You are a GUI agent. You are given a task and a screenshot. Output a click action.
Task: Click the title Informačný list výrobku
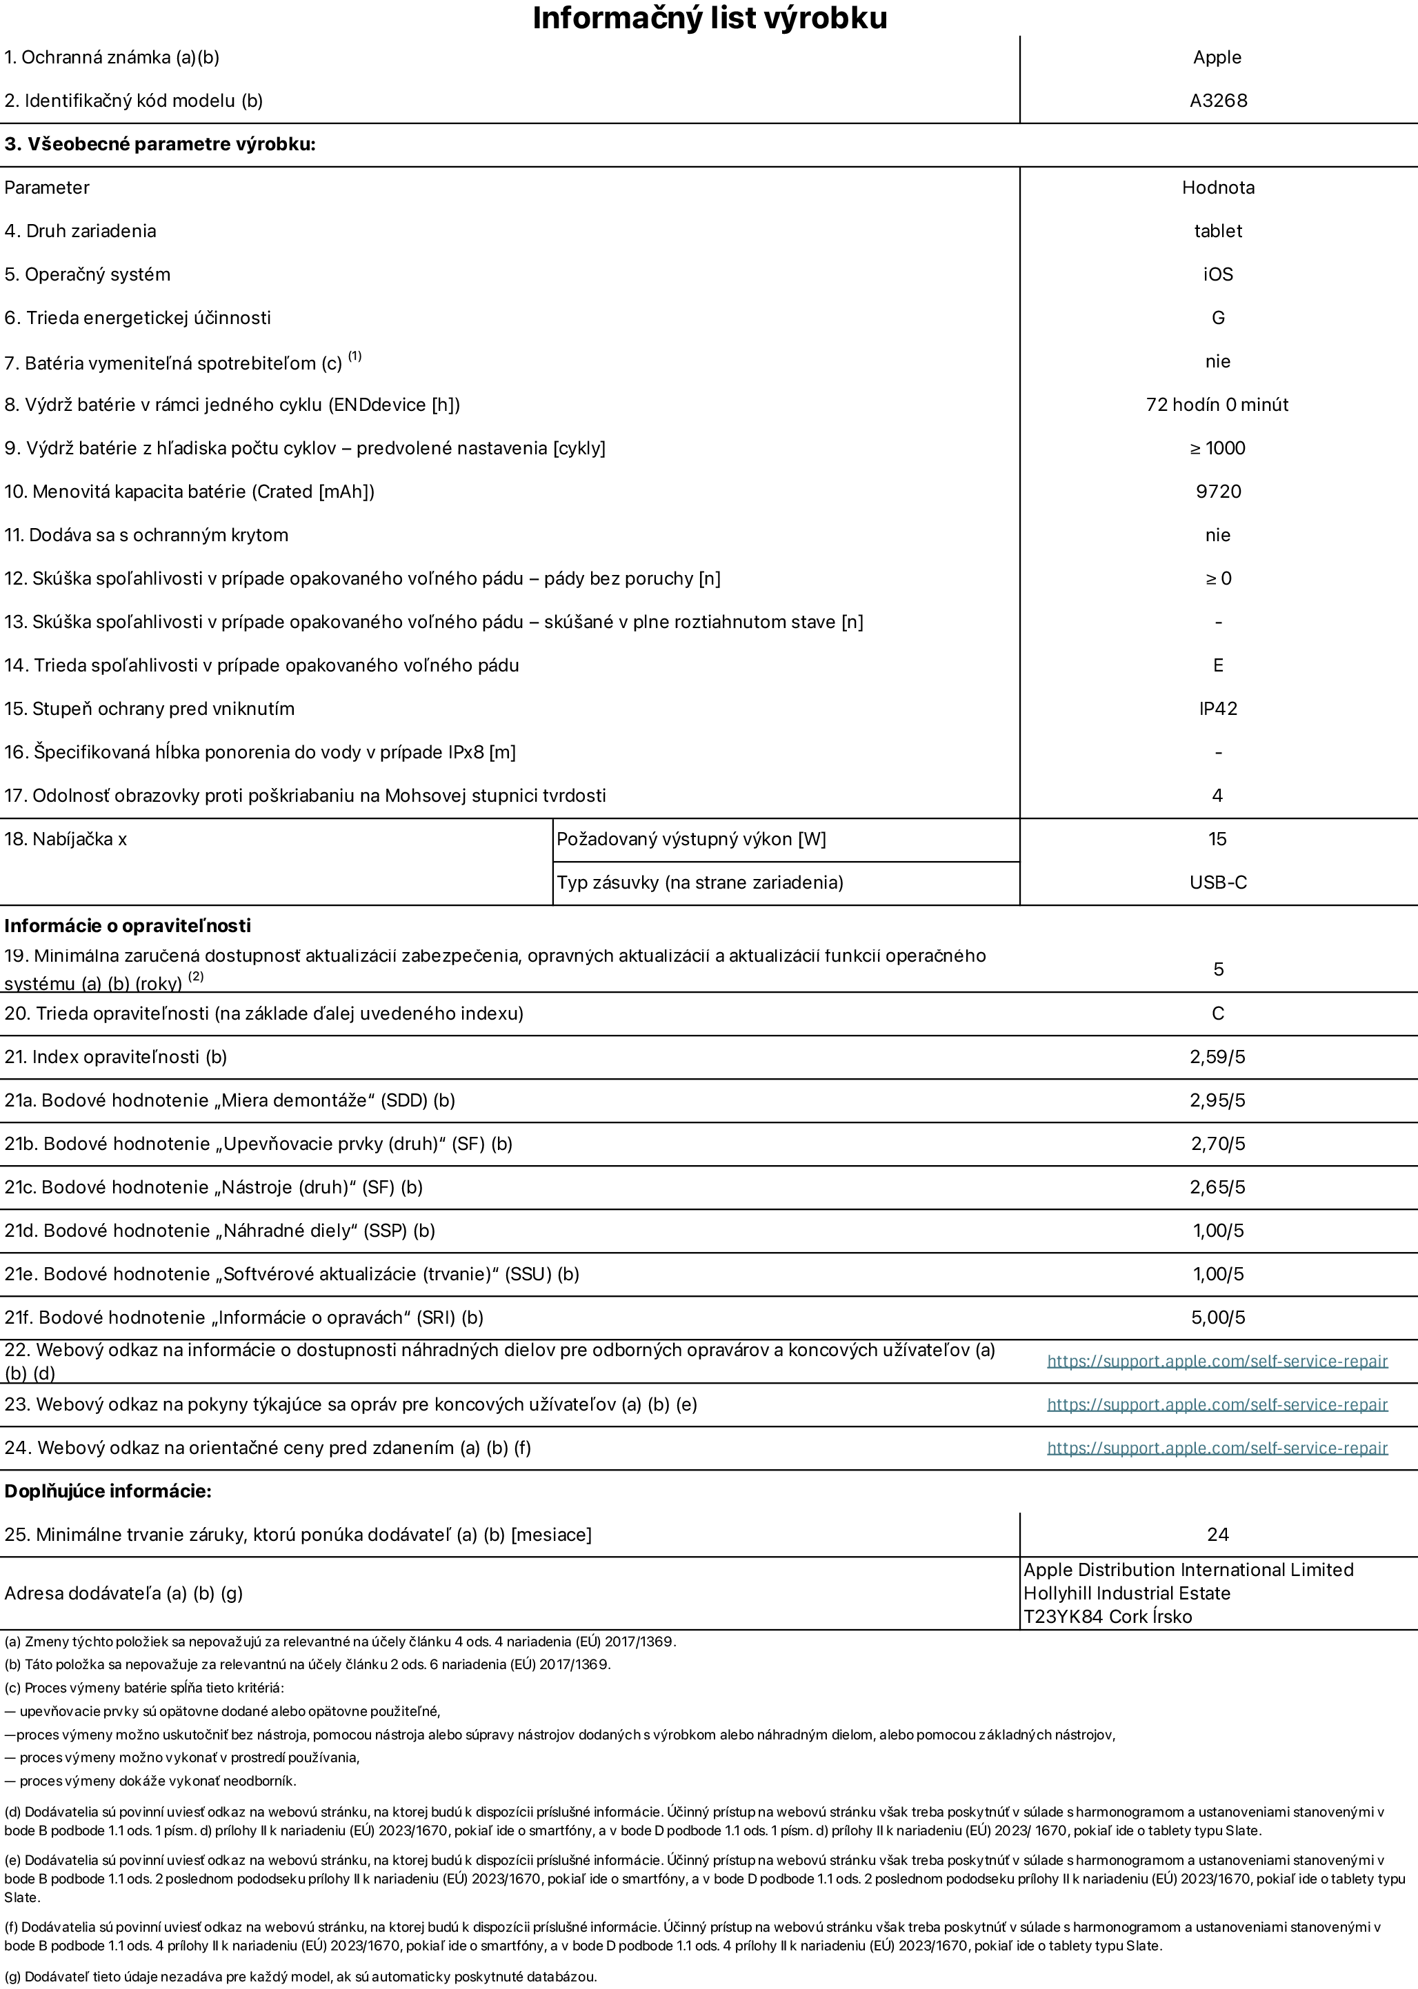[709, 19]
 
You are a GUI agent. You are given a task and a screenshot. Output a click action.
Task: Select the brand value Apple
[1217, 58]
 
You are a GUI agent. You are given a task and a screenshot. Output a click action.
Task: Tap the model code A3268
[1217, 101]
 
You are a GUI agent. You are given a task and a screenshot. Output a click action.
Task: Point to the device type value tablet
[1217, 231]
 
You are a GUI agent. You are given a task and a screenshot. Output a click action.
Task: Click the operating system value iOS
[1217, 274]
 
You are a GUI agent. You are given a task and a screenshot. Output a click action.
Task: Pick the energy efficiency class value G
[1217, 318]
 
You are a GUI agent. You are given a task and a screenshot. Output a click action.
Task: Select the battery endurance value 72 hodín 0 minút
[1217, 405]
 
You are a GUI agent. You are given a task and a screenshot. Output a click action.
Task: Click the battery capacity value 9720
[1217, 492]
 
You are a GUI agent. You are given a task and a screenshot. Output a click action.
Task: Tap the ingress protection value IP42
[1217, 709]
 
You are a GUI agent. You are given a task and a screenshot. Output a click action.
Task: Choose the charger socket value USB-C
[1217, 882]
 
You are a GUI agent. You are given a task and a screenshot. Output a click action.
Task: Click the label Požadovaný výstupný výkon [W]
[690, 840]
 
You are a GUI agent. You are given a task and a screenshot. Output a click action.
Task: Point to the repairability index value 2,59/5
[1217, 1057]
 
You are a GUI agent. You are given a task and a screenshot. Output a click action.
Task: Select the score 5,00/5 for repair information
[1217, 1318]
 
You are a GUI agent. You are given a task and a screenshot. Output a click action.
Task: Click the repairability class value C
[1217, 1013]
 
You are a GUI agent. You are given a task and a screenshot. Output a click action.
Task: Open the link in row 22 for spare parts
[1217, 1361]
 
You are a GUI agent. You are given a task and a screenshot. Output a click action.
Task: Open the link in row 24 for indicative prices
[1217, 1448]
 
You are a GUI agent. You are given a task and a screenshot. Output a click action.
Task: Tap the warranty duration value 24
[1217, 1534]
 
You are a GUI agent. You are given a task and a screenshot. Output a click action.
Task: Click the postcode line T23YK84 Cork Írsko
[1107, 1616]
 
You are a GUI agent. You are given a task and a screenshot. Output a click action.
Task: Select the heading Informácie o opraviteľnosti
[128, 925]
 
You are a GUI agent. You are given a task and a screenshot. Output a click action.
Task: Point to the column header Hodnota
[1217, 188]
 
